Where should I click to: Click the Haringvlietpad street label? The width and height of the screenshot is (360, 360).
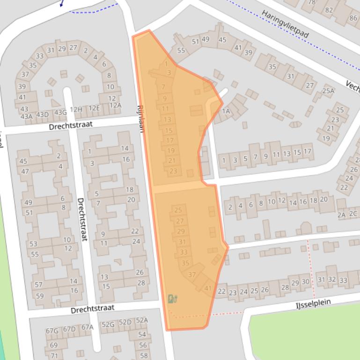pos(285,24)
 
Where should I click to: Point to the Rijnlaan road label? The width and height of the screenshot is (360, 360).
pos(140,118)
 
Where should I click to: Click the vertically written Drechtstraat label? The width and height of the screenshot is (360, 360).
pos(82,219)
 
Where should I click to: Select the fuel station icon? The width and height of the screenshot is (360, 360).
pos(172,299)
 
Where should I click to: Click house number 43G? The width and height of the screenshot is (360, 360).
pos(60,113)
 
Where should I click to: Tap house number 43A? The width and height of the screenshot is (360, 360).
pos(27,116)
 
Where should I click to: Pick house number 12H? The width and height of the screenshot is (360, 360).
pos(76,110)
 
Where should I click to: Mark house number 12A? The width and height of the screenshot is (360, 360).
pos(115,105)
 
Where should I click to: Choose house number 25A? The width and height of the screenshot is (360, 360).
pos(328,91)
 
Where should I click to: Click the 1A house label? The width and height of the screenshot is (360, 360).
pos(226,111)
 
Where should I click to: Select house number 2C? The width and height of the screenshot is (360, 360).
pos(353,214)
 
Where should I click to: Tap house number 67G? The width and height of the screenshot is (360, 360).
pos(52,331)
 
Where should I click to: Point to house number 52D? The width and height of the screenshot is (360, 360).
pos(125,322)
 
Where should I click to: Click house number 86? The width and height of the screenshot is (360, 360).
pos(353,18)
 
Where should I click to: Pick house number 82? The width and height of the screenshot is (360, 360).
pos(329,10)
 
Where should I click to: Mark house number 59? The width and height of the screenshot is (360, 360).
pos(39,295)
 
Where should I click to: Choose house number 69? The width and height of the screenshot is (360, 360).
pos(53,346)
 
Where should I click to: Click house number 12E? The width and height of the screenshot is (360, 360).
pos(94,108)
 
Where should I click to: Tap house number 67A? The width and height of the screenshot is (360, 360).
pos(87,327)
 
